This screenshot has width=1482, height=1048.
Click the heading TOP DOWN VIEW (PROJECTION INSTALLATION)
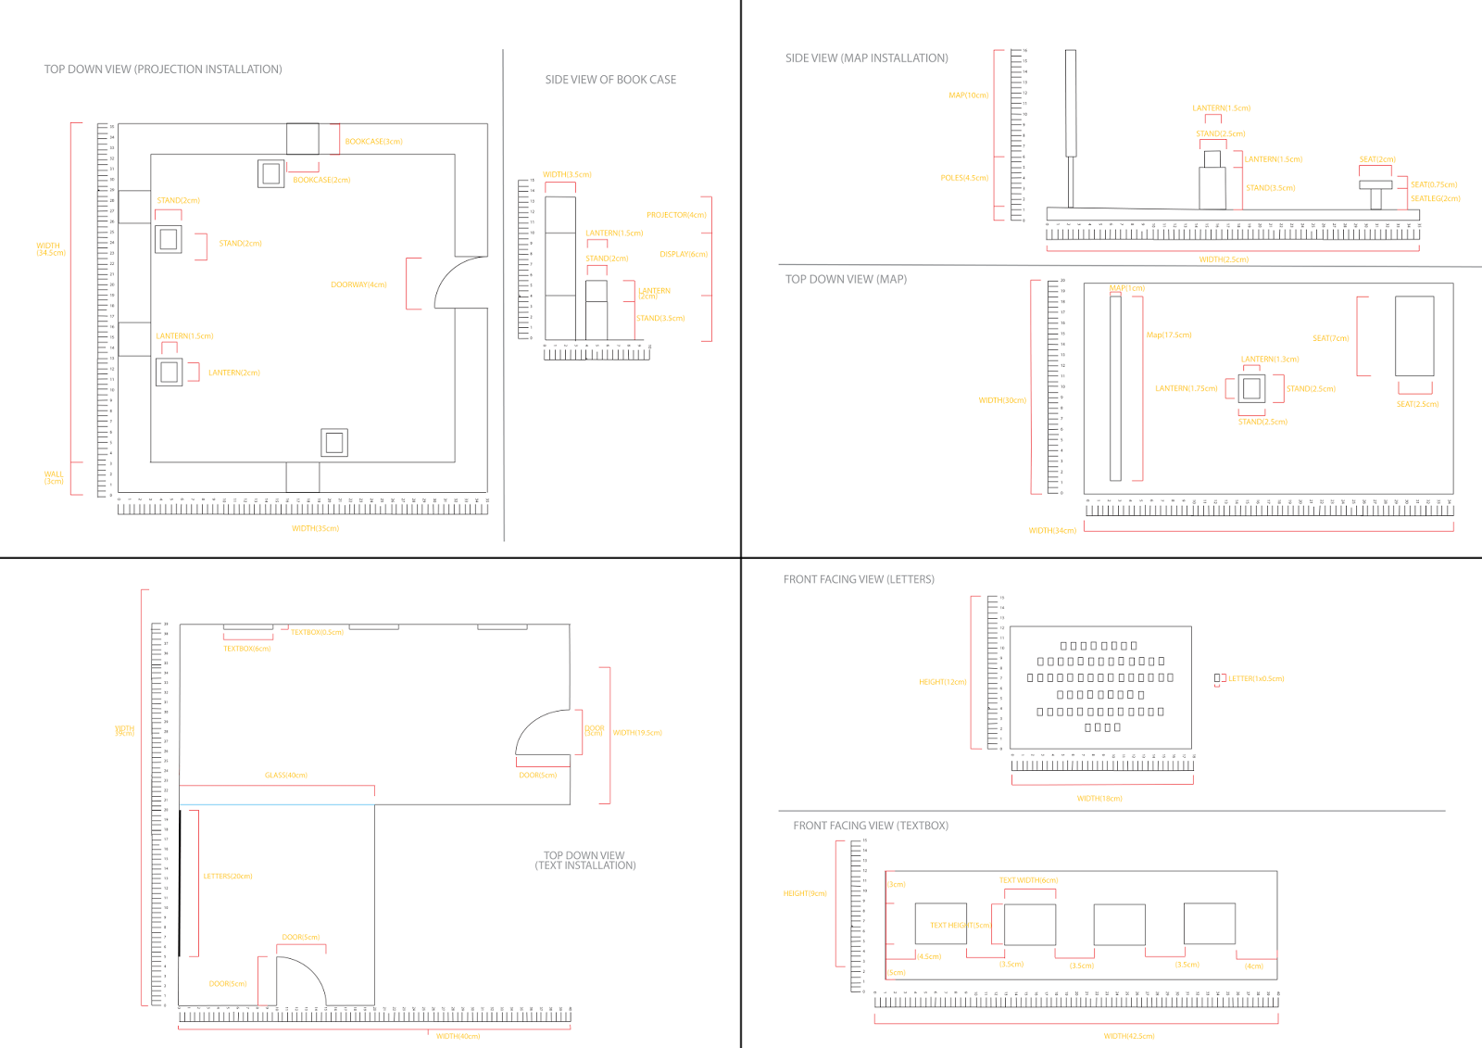(x=163, y=69)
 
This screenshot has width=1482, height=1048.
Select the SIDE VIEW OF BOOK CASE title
(x=610, y=80)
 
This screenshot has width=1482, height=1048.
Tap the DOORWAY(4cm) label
(x=358, y=284)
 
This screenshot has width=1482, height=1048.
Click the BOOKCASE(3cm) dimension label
(x=373, y=142)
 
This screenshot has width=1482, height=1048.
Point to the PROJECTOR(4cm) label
(x=676, y=215)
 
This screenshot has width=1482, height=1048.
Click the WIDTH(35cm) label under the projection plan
(x=315, y=528)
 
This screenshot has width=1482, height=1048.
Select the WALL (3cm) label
(x=54, y=477)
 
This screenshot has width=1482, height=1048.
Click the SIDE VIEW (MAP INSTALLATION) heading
(x=866, y=58)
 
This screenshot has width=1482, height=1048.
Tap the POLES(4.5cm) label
(x=964, y=178)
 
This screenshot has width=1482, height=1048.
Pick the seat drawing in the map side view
(x=1375, y=190)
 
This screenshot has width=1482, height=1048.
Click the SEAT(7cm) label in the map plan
(x=1330, y=338)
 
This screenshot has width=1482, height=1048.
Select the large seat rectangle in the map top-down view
(x=1413, y=335)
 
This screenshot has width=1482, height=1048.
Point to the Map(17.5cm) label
(x=1169, y=335)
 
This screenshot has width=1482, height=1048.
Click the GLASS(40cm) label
(x=285, y=775)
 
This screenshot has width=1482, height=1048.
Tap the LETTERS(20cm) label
(x=228, y=876)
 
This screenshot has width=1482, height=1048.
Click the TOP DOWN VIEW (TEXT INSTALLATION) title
(x=584, y=861)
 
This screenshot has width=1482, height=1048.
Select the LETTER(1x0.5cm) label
(x=1256, y=679)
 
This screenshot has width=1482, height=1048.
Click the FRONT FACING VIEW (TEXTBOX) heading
(x=870, y=826)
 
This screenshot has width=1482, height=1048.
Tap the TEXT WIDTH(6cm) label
(x=1028, y=880)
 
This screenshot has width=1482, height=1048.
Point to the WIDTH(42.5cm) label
(x=1129, y=1036)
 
